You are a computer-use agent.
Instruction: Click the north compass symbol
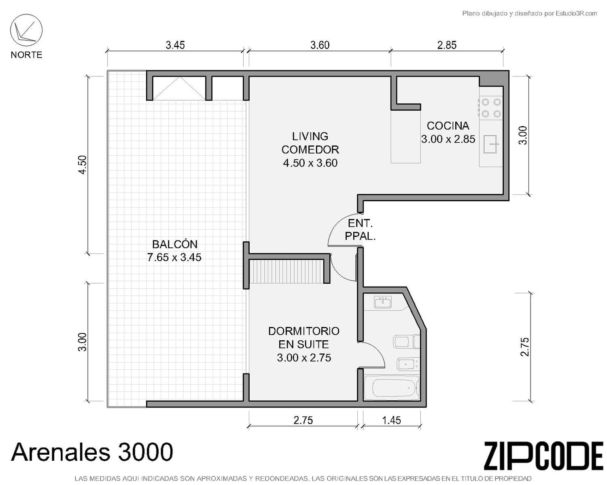26,30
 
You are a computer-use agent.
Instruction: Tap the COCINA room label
448,126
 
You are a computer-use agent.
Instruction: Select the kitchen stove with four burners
491,108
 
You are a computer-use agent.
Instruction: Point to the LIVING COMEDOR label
310,143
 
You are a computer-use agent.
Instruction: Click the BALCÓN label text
174,244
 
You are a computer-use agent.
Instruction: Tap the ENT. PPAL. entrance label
360,230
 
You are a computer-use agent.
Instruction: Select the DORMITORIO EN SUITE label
304,337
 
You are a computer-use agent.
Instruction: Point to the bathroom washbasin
383,302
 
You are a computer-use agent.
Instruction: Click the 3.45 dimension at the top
175,45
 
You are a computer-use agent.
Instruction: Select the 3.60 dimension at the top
320,45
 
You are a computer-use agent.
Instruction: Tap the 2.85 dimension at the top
447,45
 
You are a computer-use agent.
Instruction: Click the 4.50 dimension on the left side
83,165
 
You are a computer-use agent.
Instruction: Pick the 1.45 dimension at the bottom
391,420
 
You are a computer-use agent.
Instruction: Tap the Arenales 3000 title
92,452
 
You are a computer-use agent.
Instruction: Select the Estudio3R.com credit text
529,13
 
